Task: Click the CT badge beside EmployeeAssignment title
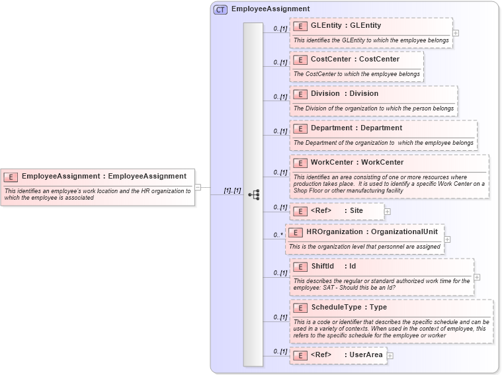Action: (220, 9)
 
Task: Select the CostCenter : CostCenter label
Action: (355, 60)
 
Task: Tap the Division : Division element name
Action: (345, 94)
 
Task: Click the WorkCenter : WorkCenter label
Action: (357, 163)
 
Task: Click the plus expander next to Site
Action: (388, 212)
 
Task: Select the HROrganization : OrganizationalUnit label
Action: (372, 232)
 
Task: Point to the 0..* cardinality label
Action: (278, 235)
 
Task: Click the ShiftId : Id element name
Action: (333, 267)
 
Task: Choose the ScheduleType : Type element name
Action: (349, 308)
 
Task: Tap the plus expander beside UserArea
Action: (390, 356)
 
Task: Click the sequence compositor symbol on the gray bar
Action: (253, 194)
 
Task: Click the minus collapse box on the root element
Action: (198, 187)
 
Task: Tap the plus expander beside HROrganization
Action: (448, 239)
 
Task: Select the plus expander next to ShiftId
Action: (477, 277)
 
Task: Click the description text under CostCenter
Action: (356, 74)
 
